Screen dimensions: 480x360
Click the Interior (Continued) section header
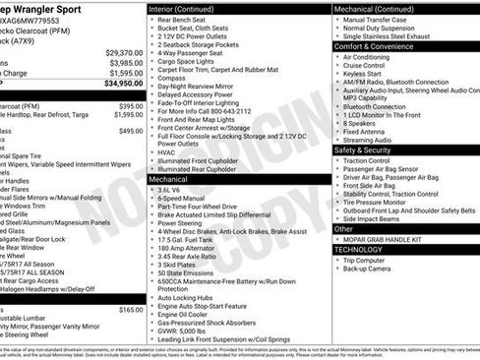[x=188, y=8]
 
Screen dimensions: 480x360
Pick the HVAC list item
[x=166, y=151]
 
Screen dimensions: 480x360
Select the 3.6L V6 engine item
[x=173, y=190]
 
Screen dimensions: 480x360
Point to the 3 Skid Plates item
[x=177, y=265]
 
